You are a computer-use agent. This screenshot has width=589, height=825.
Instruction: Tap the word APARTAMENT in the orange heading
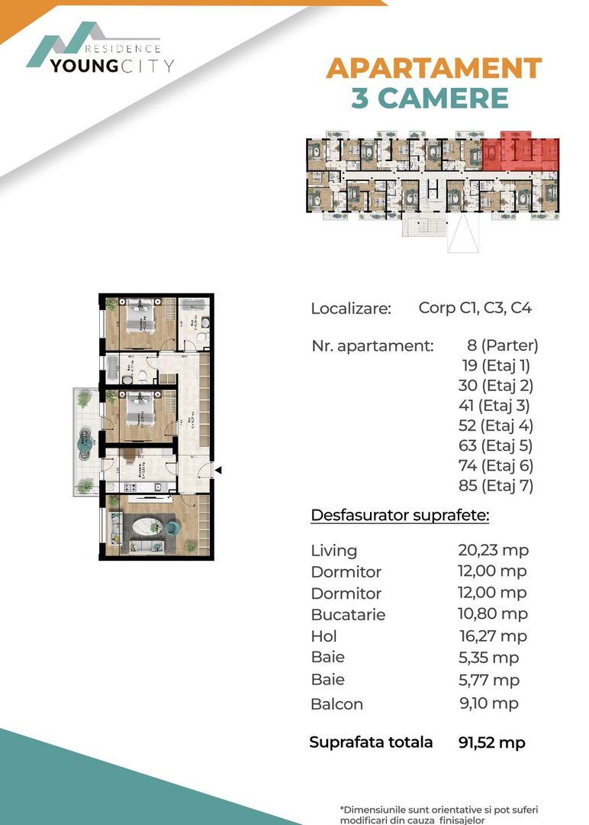433,68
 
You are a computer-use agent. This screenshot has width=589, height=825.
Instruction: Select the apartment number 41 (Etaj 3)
495,406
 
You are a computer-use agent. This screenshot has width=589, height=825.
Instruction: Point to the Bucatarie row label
348,615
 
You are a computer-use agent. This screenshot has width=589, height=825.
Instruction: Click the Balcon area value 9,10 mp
488,704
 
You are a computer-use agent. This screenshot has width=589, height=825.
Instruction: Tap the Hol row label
323,636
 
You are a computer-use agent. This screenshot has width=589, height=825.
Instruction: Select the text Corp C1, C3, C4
475,309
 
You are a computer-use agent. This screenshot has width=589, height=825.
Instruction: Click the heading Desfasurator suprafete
400,516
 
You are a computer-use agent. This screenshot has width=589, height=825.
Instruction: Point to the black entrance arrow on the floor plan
218,470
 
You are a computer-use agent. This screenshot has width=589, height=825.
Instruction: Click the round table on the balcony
85,442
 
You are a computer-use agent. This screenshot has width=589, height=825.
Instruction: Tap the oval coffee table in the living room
145,527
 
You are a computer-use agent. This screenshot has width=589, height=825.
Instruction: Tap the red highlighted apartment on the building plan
520,154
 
